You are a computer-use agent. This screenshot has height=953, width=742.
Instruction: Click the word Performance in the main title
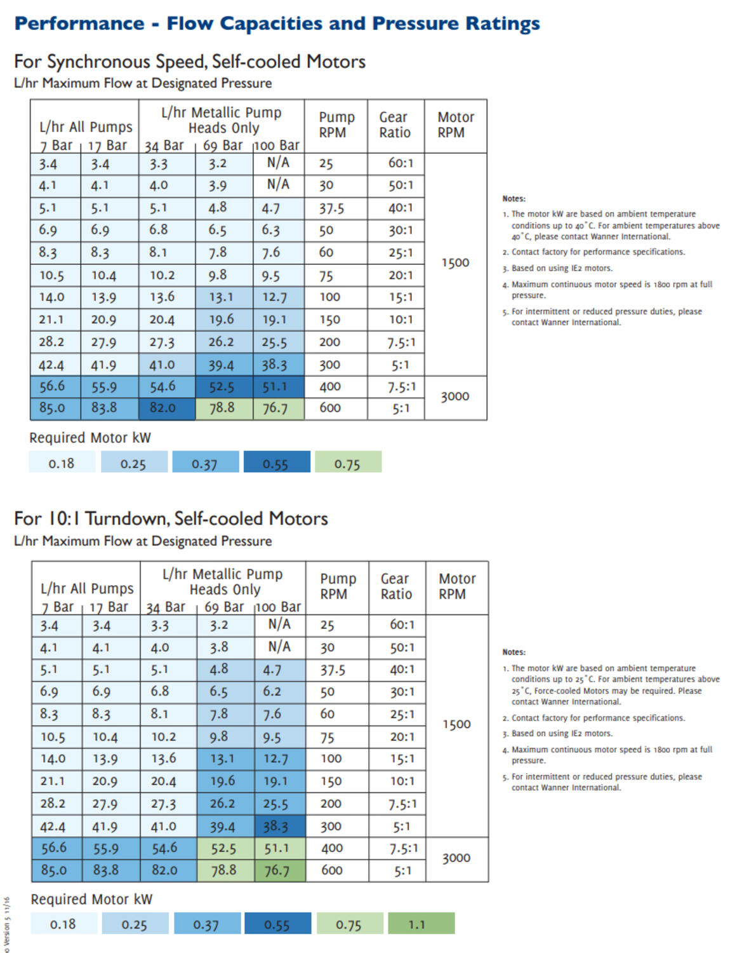(x=79, y=24)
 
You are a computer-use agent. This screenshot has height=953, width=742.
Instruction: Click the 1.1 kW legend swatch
(x=421, y=924)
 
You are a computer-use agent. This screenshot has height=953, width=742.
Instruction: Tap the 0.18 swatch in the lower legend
(x=63, y=924)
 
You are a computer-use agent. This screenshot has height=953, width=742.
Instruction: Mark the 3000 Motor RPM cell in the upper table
(x=455, y=397)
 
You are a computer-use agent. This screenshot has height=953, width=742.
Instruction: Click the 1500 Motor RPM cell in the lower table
(x=456, y=725)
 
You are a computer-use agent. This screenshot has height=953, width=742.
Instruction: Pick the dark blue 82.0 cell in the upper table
(x=163, y=408)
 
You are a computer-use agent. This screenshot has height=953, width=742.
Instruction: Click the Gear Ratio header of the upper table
(x=395, y=125)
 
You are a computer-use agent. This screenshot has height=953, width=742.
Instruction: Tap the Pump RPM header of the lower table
(x=334, y=587)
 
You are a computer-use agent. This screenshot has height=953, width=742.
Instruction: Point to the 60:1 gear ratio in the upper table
(x=401, y=163)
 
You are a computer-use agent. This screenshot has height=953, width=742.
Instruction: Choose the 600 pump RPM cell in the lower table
(x=332, y=870)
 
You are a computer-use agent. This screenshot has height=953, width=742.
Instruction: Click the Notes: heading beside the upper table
(x=514, y=199)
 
